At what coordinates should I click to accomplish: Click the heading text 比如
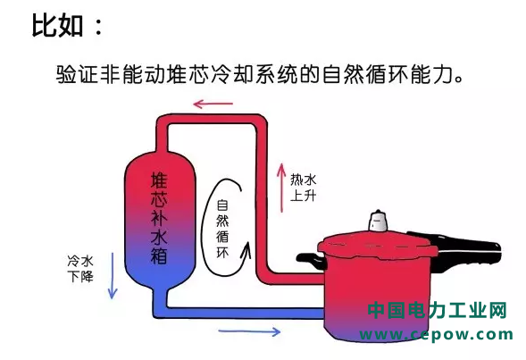coord(57,25)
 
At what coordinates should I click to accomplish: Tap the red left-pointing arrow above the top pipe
coord(213,104)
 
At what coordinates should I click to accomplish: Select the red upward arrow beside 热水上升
coord(281,188)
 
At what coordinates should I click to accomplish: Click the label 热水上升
coord(304,188)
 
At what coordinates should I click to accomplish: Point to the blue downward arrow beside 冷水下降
coord(113,275)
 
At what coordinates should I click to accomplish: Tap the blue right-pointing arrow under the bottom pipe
coord(249,331)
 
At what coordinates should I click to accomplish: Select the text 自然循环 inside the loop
coord(222,230)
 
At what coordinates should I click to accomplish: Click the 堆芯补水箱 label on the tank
coord(159,218)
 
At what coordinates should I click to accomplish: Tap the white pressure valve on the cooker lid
coord(378,222)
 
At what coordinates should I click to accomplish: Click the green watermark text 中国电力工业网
coord(437,310)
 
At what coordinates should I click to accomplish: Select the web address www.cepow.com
coord(437,334)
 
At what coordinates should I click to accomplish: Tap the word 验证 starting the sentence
coord(78,74)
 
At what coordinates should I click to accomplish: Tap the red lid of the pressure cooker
coord(378,244)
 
